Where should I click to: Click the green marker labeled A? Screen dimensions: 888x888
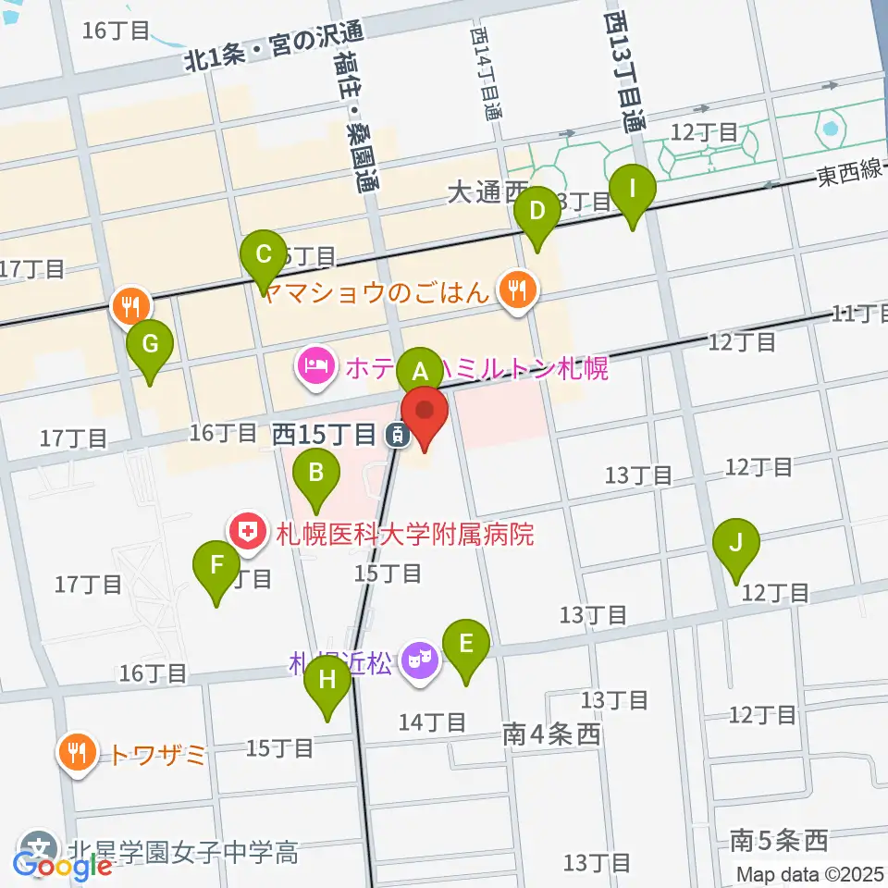tap(420, 373)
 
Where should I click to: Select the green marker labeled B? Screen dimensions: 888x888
tap(315, 474)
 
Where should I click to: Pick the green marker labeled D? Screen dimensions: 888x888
tap(537, 210)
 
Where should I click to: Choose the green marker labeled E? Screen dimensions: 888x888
tap(465, 643)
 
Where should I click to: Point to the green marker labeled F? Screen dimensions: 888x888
tap(216, 565)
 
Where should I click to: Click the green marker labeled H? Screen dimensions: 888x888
tap(327, 680)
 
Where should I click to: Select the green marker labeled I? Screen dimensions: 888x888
tap(633, 190)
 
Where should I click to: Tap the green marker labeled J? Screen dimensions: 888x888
tap(735, 543)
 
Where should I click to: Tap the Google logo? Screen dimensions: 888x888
tap(63, 866)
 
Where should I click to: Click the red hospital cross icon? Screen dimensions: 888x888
tap(247, 532)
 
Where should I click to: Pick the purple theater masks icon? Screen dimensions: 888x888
tap(420, 663)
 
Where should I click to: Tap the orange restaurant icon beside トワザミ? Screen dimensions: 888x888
tap(76, 753)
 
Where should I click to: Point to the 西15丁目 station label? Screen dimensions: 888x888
tap(323, 433)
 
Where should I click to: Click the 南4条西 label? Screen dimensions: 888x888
tap(552, 735)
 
